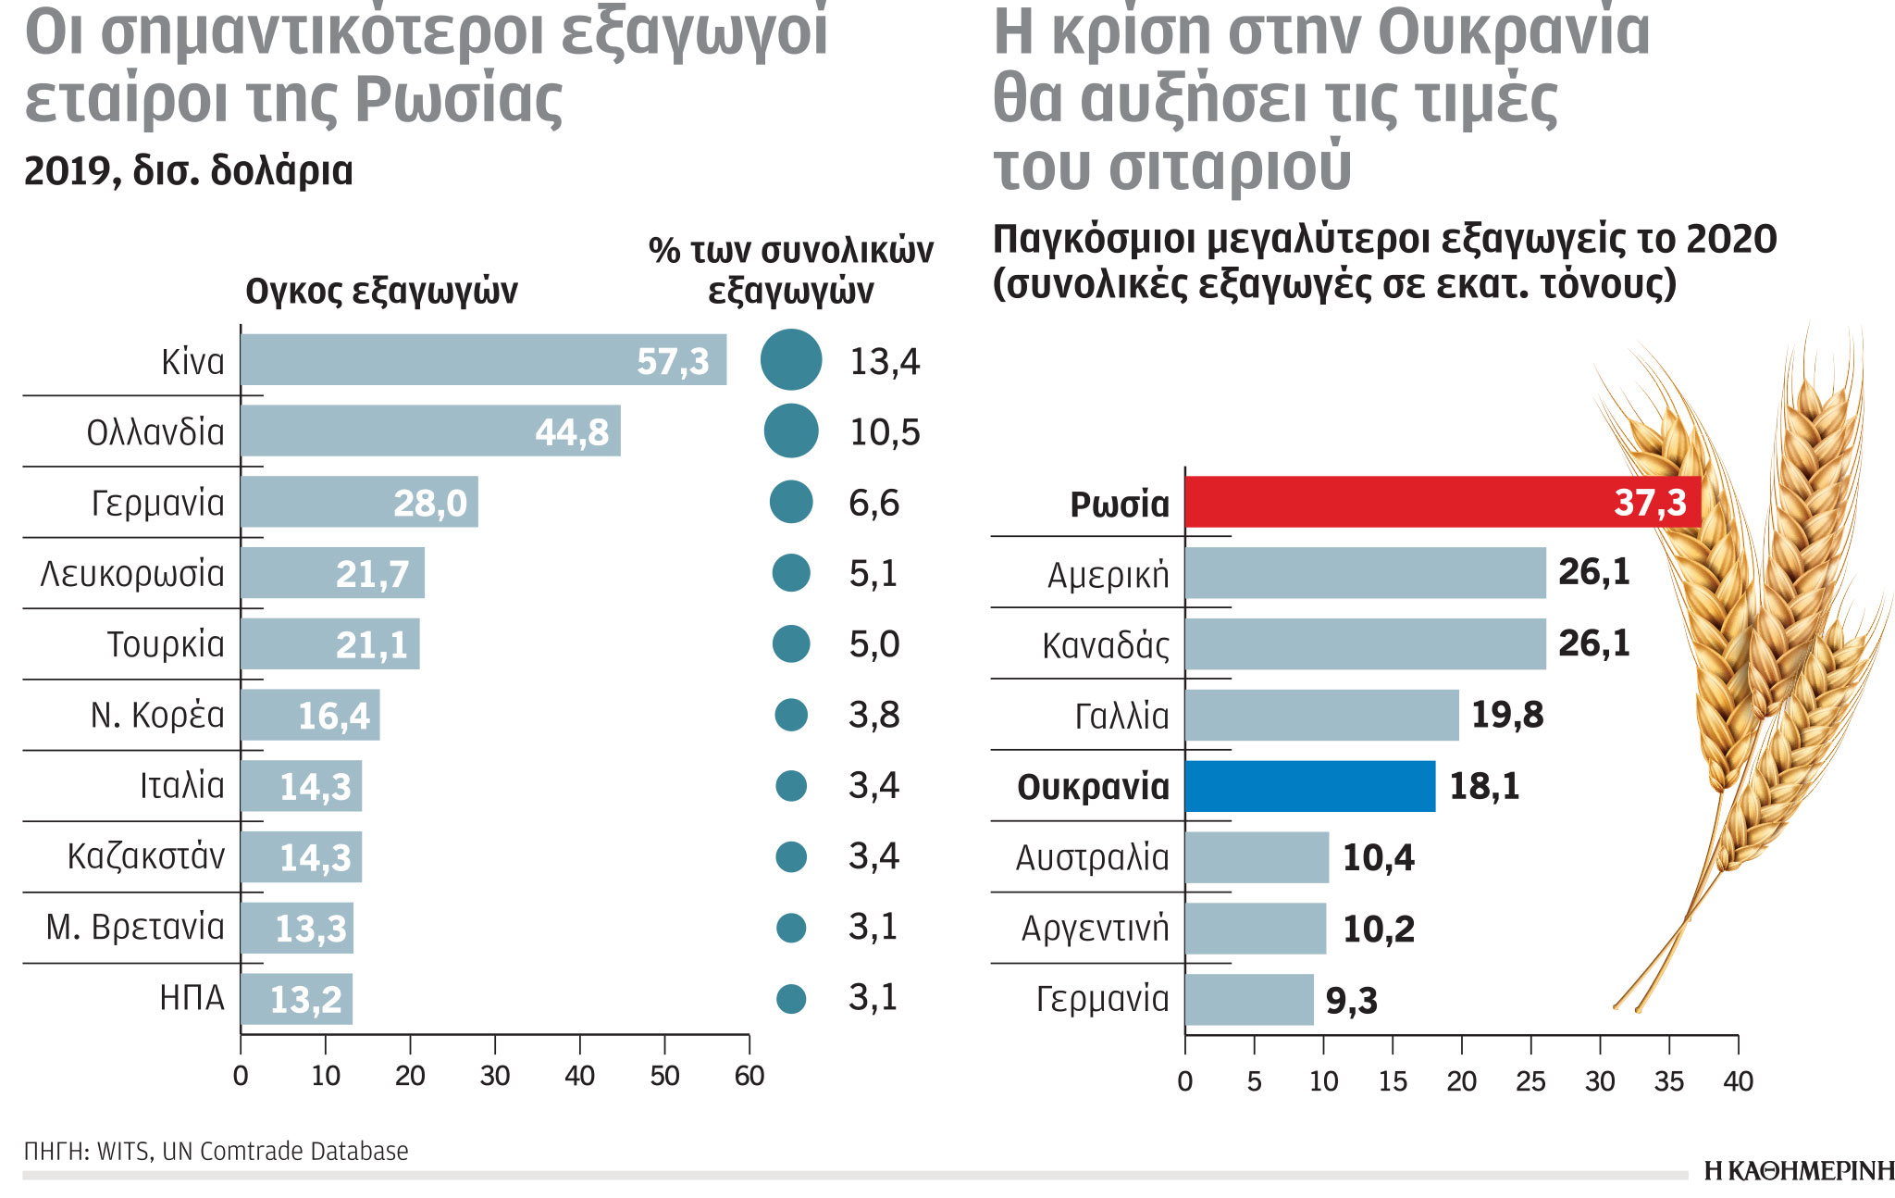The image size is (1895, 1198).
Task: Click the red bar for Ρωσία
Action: pos(1442,503)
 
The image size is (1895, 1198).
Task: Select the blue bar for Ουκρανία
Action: pos(1309,786)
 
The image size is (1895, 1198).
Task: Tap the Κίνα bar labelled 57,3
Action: pos(483,360)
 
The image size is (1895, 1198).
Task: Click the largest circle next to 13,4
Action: pos(791,359)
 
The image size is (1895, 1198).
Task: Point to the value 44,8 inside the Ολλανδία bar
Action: pos(572,432)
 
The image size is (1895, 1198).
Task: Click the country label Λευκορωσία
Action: pos(132,574)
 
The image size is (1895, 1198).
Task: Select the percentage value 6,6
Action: pos(873,503)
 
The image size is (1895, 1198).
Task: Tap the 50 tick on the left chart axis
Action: pos(664,1075)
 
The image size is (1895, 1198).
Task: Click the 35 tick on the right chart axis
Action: pos(1668,1080)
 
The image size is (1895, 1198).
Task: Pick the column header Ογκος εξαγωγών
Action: pos(381,291)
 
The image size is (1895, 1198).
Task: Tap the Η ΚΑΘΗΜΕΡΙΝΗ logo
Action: pos(1798,1170)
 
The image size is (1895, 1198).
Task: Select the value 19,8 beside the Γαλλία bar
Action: pos(1506,715)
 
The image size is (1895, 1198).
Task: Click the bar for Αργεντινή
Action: pos(1255,929)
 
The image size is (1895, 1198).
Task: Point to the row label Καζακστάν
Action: pos(146,856)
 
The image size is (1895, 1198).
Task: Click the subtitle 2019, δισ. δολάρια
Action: pos(188,170)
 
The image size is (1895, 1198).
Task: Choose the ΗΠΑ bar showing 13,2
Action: pos(296,999)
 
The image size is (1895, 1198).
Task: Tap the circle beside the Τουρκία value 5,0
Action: pos(791,643)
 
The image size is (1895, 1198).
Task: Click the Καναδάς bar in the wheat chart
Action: pos(1365,643)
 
